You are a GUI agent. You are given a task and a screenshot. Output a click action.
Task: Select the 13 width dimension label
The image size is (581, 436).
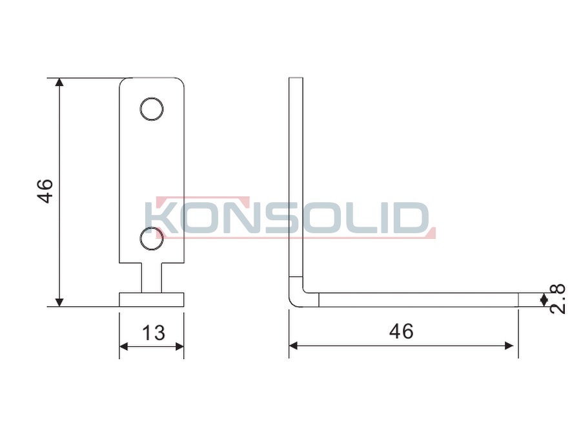point(154,333)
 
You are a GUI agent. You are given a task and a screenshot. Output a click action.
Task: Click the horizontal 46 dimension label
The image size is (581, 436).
point(402,331)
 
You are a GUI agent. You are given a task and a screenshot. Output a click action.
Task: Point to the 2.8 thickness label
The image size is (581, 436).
point(557,299)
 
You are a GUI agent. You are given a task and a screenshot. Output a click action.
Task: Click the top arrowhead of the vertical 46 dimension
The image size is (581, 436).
point(59,82)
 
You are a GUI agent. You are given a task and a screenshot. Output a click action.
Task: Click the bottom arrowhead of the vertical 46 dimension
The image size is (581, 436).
point(59,302)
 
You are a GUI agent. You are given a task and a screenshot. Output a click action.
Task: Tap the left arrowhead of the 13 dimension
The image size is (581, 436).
point(124,347)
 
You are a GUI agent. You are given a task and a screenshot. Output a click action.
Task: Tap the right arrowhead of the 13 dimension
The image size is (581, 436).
point(179,347)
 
